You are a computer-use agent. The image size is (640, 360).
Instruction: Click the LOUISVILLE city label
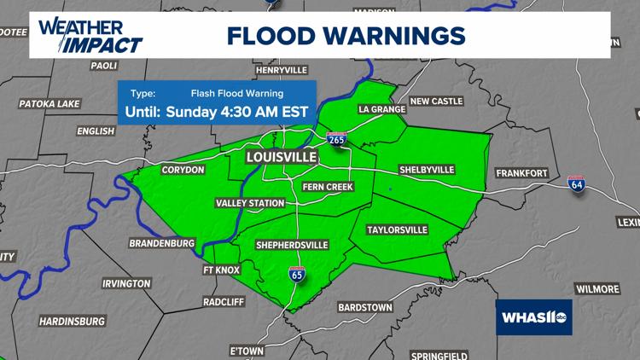coord(281,158)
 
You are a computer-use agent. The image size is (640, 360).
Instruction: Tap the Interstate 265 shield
coord(339,138)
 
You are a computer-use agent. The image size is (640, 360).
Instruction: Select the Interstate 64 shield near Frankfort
coord(578,184)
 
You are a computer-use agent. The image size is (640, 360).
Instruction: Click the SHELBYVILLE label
coord(427,170)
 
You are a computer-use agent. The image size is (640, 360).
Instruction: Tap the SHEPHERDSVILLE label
coord(292,245)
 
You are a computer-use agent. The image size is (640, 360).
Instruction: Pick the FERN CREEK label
coord(328,187)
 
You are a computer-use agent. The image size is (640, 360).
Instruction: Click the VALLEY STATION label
coord(250,203)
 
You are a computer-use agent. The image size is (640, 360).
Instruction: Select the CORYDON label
coord(183,170)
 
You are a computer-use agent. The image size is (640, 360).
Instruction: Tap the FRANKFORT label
coord(521,173)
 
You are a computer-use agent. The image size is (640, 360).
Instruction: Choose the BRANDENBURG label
coord(163,242)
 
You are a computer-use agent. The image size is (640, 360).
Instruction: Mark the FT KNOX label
coord(222,270)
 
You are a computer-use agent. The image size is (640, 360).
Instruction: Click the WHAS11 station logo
coord(533,316)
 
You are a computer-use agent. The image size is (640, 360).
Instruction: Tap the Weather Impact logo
coord(90,34)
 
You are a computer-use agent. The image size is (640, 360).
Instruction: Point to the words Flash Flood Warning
coord(237,93)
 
